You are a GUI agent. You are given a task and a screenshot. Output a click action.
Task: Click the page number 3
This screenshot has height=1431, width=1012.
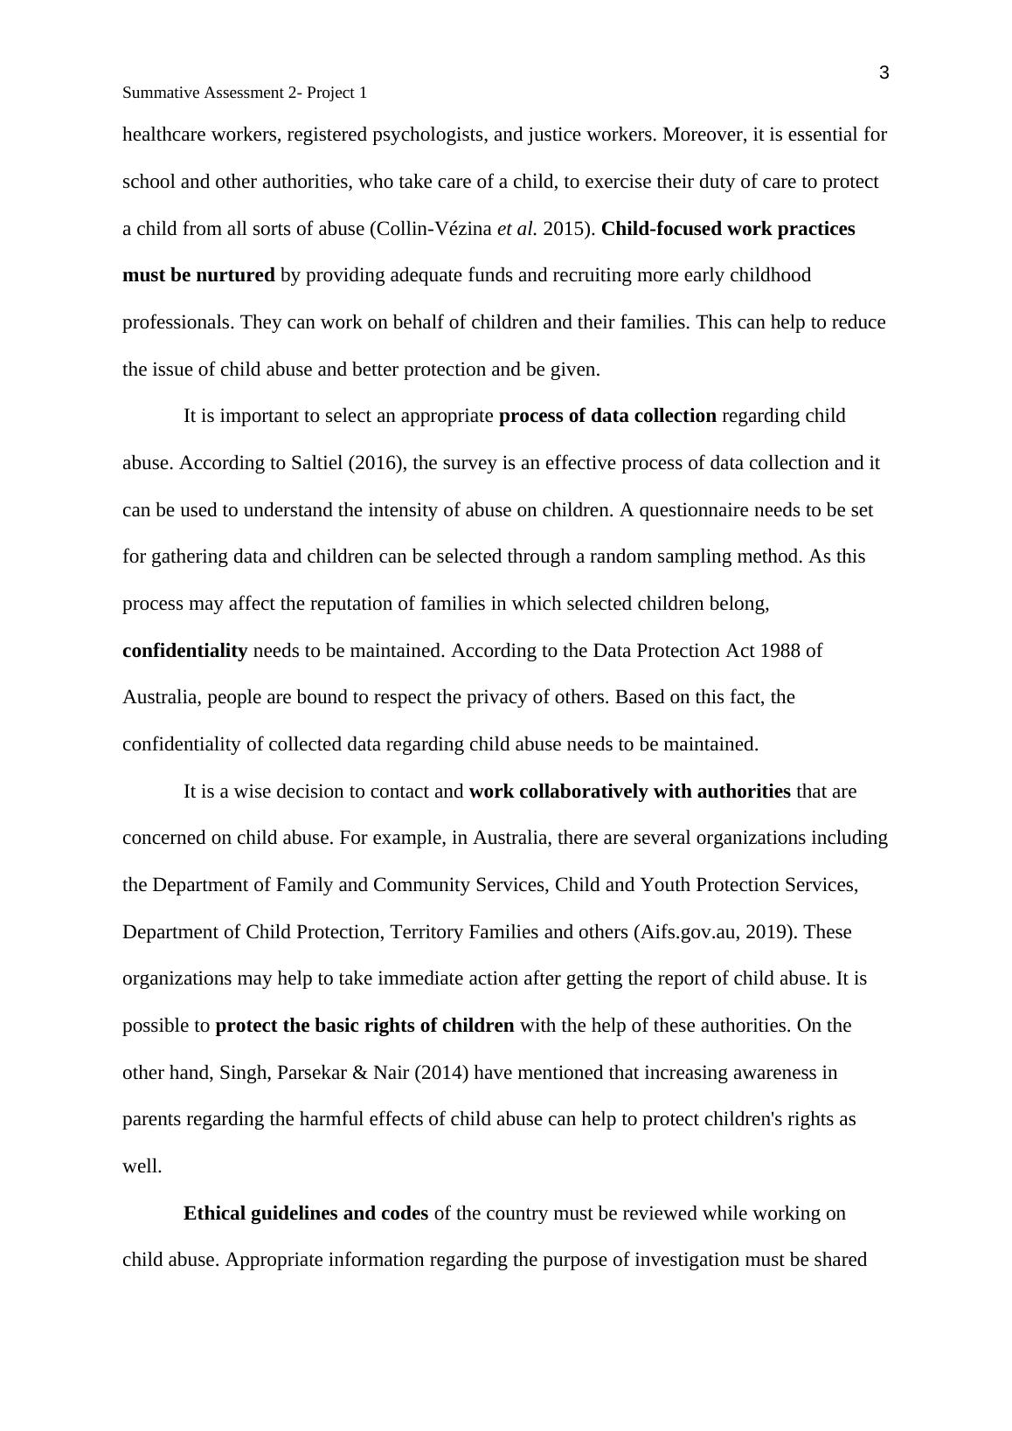pos(884,73)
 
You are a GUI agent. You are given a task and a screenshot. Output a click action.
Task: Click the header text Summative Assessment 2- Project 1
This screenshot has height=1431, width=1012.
pos(245,93)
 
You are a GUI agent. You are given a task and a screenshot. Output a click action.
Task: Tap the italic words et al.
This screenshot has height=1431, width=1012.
pos(516,229)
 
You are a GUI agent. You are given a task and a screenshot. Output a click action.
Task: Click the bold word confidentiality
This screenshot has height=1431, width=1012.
pos(184,651)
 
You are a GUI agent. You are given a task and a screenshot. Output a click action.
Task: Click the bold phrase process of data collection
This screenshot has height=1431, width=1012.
pos(607,416)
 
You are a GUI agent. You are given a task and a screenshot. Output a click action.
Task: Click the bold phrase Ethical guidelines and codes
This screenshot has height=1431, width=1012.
pos(306,1213)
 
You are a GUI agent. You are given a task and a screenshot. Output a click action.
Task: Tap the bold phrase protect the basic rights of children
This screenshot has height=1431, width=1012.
pos(364,1026)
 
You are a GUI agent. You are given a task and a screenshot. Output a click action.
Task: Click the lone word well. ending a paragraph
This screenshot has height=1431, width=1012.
pos(142,1166)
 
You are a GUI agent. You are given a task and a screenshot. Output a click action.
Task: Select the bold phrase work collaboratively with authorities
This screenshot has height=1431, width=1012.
pos(629,792)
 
